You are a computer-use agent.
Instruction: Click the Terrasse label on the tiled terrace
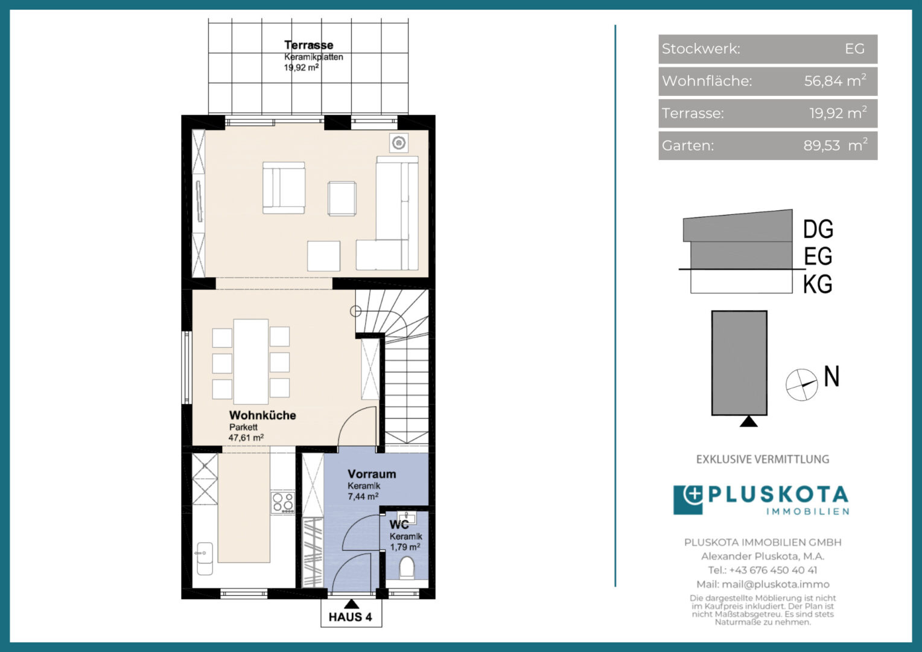pos(309,45)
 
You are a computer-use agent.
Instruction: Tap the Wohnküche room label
pos(262,415)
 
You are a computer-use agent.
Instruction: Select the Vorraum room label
pos(372,474)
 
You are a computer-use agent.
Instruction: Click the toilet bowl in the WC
pos(407,567)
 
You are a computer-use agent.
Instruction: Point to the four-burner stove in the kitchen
pos(283,502)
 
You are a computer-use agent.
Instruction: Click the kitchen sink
pos(205,558)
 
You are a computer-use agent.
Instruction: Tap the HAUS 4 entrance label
pos(351,617)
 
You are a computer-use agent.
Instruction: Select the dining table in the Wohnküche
pos(250,361)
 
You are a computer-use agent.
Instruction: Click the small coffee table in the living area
pos(342,199)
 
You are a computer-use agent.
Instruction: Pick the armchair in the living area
pos(284,188)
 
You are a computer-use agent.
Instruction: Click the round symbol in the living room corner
pos(398,143)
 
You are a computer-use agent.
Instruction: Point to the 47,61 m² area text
pos(246,438)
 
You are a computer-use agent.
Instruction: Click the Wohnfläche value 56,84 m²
pos(835,81)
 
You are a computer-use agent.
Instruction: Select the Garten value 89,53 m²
pos(836,145)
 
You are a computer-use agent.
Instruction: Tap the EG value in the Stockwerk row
pos(854,49)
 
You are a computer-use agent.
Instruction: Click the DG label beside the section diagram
pos(818,229)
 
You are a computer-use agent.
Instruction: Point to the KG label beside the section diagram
pos(818,284)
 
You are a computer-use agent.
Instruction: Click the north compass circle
pos(802,385)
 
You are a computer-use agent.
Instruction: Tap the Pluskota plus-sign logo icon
pos(688,500)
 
